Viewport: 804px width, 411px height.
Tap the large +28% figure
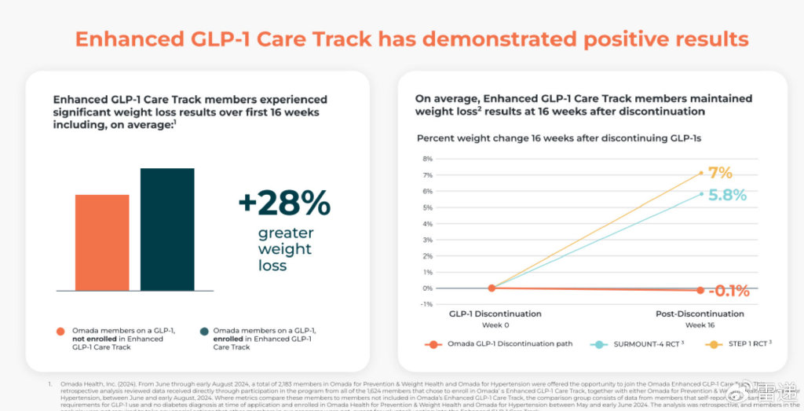pos(284,204)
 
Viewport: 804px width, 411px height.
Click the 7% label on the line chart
pos(719,173)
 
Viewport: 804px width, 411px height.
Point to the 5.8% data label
pos(726,195)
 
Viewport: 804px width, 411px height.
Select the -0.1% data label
pos(728,292)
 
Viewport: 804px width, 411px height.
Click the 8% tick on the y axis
pos(427,159)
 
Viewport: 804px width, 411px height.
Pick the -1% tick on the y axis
pos(427,304)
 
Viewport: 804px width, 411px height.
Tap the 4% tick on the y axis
pos(427,223)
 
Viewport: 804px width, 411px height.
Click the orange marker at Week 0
pos(492,288)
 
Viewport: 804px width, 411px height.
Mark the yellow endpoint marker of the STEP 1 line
pos(700,173)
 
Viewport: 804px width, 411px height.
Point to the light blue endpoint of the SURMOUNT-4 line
pos(700,193)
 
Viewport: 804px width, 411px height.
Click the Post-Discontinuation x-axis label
pos(700,314)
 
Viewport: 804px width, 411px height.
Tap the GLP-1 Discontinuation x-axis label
pos(495,314)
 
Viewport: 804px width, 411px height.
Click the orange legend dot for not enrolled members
pos(60,332)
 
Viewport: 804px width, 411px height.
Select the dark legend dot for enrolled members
pos(203,332)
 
